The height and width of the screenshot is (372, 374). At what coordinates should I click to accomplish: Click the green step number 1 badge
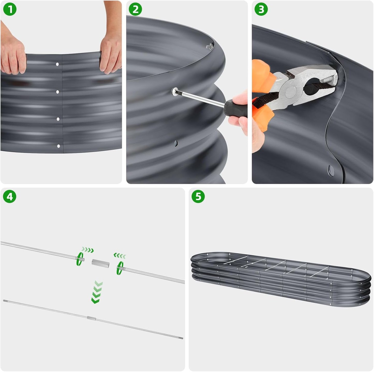tap(10, 10)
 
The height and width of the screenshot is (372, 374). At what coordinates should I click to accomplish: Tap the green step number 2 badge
tap(135, 10)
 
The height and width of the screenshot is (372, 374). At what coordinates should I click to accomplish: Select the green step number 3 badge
tap(261, 10)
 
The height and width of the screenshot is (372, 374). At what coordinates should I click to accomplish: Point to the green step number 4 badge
tap(10, 197)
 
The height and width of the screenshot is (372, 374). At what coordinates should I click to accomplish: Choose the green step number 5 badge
tap(198, 197)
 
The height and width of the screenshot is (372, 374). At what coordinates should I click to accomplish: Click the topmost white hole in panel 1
tap(57, 64)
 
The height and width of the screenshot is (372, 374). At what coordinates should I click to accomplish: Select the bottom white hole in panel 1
tap(58, 146)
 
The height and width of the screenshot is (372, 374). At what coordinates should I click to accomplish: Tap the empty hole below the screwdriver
tap(176, 142)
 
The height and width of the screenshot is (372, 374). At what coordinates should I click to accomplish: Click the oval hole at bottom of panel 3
tap(331, 170)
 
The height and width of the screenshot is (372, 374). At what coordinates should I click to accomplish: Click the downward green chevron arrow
tap(97, 292)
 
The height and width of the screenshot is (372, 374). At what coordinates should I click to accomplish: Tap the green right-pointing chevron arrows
tap(87, 250)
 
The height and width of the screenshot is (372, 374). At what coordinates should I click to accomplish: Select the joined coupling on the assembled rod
tap(92, 319)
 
